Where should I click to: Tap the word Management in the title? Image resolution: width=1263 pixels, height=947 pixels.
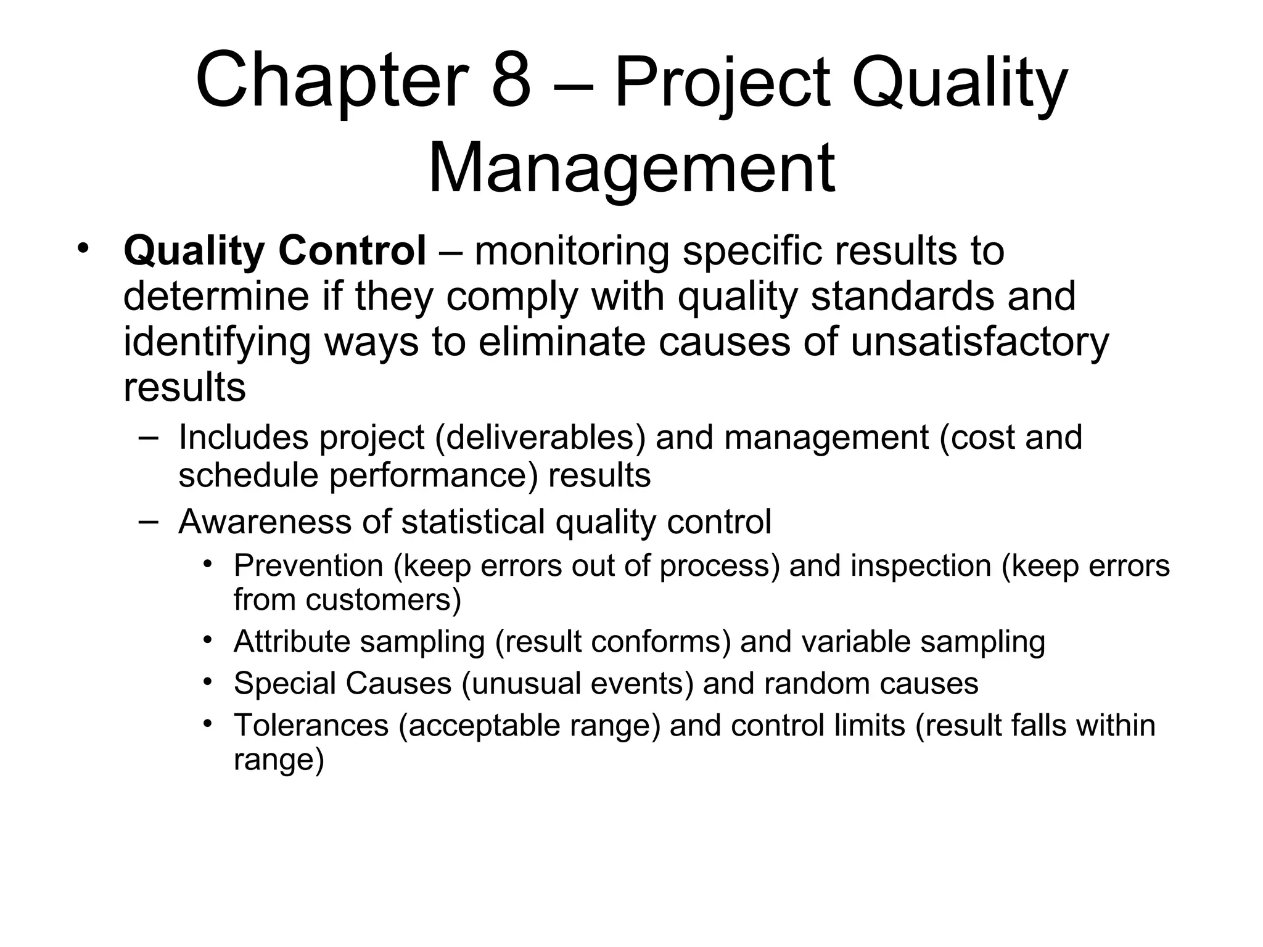(x=631, y=168)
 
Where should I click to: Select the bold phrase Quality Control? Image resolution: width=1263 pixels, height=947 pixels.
(x=274, y=251)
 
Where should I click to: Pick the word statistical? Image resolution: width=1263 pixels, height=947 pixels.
(x=473, y=522)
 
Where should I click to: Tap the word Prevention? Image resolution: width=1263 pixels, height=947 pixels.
(x=308, y=565)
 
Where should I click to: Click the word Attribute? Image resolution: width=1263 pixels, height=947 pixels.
(x=292, y=641)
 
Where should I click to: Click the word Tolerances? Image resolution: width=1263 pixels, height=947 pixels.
(x=311, y=725)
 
